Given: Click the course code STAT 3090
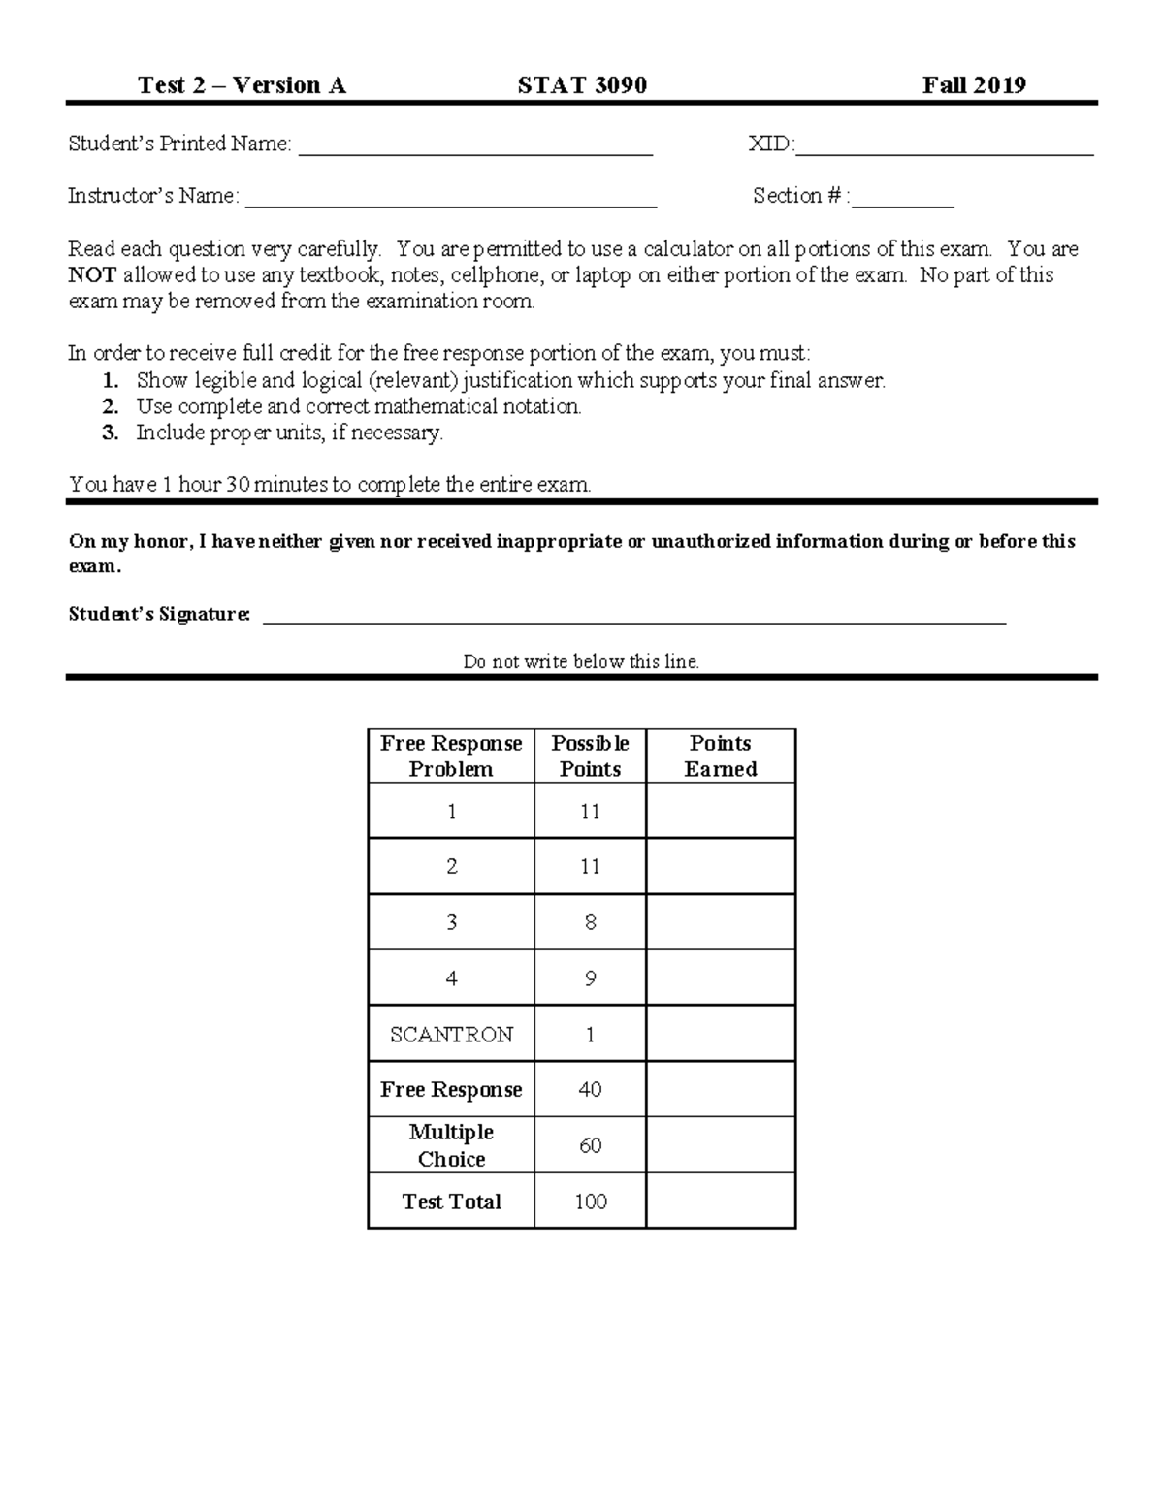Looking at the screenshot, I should (x=582, y=85).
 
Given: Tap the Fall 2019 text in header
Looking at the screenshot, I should (x=974, y=85).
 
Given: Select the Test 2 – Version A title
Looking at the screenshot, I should (x=242, y=85).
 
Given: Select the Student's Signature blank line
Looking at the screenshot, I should (x=634, y=621).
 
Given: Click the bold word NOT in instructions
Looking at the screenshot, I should (x=92, y=275).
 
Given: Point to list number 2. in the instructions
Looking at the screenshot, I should (x=111, y=407).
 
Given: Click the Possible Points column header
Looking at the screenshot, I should (x=590, y=756).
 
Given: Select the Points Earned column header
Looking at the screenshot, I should (x=720, y=756).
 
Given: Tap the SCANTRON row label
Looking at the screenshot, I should (x=451, y=1035).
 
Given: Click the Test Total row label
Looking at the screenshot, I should (x=451, y=1202).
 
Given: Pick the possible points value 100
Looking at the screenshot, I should (x=590, y=1202).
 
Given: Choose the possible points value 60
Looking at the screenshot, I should (x=590, y=1146).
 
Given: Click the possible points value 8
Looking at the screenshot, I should (x=590, y=922).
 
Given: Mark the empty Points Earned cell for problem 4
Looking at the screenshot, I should (x=720, y=977).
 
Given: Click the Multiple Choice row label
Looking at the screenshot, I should (x=451, y=1145).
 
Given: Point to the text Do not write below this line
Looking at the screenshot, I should (x=581, y=662).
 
